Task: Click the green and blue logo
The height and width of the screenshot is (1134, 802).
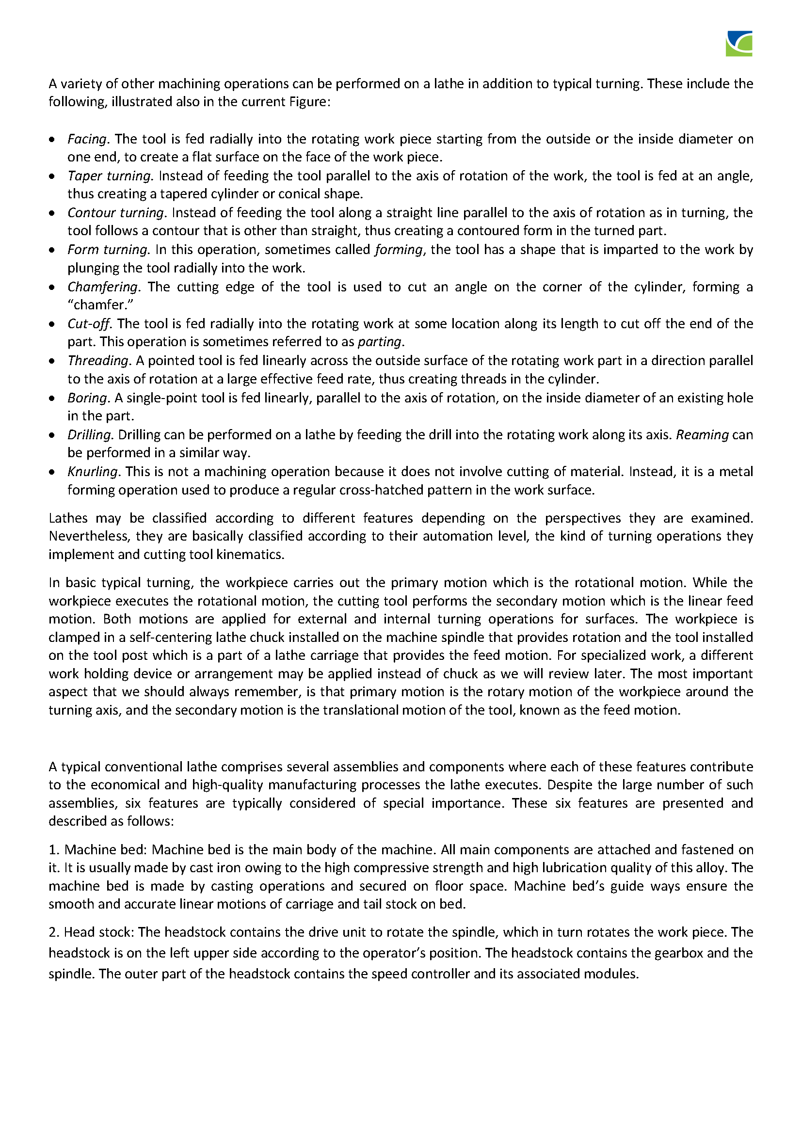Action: pyautogui.click(x=739, y=44)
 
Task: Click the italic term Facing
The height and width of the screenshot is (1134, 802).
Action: pyautogui.click(x=87, y=139)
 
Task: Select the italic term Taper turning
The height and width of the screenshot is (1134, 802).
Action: pyautogui.click(x=110, y=176)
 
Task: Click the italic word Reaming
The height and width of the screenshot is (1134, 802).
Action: pyautogui.click(x=702, y=434)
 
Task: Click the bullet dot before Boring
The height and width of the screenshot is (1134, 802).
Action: pyautogui.click(x=52, y=399)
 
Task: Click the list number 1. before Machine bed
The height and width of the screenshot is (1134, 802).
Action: pyautogui.click(x=54, y=849)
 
